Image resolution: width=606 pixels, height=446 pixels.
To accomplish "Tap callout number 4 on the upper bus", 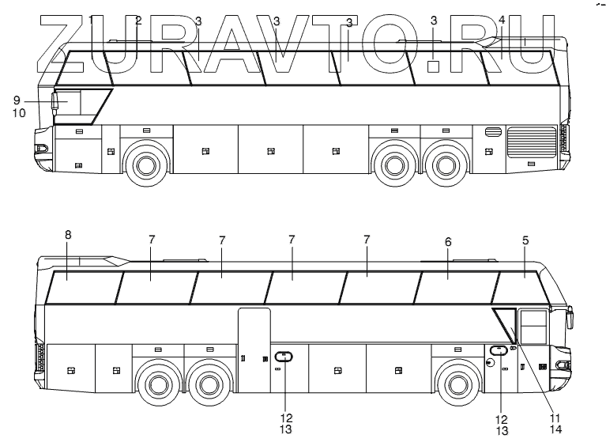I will (502, 19).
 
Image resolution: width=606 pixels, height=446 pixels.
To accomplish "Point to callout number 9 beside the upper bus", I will (17, 100).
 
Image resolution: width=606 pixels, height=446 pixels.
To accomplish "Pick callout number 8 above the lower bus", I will (68, 235).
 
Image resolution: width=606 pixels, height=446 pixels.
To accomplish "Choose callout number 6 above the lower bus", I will (448, 240).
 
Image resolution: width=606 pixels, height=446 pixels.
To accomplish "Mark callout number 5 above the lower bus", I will (525, 240).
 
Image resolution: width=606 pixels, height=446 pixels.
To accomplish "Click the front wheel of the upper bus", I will (144, 164).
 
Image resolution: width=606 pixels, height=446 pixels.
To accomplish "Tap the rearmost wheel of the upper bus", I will (444, 164).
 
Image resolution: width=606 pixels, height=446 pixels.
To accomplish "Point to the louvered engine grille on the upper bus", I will (531, 142).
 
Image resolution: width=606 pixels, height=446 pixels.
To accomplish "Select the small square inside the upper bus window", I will (433, 67).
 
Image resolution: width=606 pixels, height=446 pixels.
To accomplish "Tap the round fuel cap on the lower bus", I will (490, 362).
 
